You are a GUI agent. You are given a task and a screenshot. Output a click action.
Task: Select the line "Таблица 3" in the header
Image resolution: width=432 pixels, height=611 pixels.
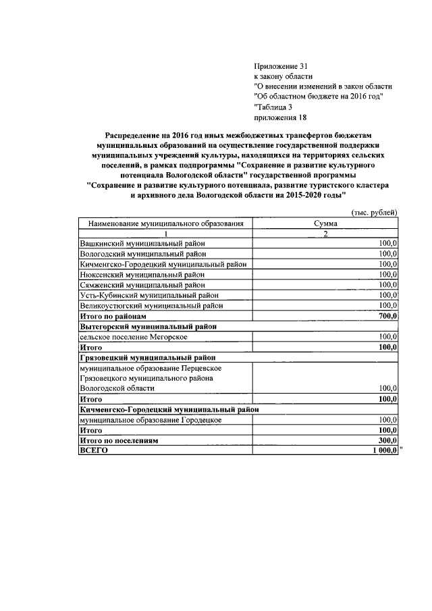(x=273, y=106)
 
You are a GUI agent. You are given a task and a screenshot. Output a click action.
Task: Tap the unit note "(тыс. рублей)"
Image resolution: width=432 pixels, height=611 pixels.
(x=375, y=212)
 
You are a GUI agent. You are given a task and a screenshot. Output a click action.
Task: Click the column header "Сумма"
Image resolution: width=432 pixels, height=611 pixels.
(x=325, y=223)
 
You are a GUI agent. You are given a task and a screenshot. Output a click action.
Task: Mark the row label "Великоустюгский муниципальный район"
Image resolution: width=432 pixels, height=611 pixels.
(x=151, y=305)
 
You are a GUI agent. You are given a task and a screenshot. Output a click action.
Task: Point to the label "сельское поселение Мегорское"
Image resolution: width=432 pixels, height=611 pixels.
(x=134, y=336)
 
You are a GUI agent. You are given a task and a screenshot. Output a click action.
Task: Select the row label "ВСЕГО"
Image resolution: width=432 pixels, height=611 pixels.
(x=94, y=451)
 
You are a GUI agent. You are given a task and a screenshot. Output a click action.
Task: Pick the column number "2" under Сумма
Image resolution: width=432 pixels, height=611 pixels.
(x=325, y=233)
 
